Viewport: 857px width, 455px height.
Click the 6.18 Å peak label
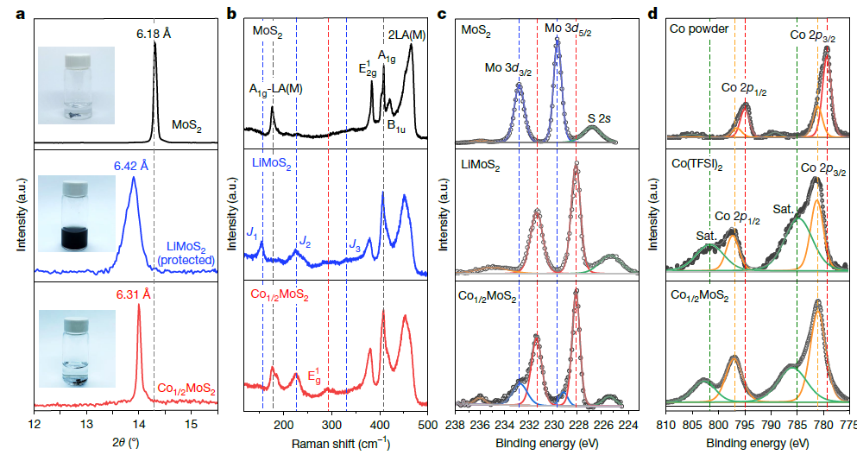pyautogui.click(x=154, y=33)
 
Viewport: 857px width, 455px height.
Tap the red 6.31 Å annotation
pyautogui.click(x=135, y=294)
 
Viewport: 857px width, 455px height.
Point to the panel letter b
pyautogui.click(x=232, y=13)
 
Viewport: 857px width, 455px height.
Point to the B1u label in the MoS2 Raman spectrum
pyautogui.click(x=396, y=126)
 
